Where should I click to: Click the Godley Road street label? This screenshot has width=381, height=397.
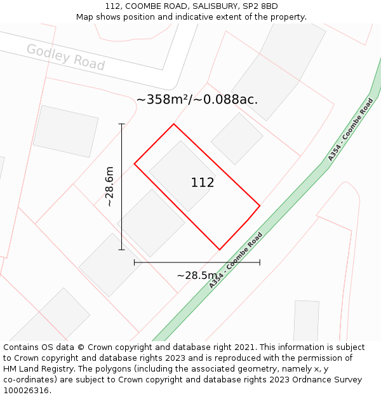coord(65,57)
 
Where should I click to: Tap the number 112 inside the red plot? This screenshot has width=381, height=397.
coord(203,183)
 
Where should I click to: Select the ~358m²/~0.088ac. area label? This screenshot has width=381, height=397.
coord(197,99)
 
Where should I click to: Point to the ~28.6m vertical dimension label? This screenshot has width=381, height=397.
coord(109,187)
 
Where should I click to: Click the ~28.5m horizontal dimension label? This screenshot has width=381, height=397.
coord(197,276)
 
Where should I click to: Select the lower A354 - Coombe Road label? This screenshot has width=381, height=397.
coord(236,261)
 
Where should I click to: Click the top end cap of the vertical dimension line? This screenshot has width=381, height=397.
coord(121,124)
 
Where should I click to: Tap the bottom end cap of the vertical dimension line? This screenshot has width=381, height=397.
coord(121,250)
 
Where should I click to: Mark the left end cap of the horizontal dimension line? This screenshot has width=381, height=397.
coord(134,262)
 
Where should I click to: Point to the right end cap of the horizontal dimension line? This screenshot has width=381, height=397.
coord(260,262)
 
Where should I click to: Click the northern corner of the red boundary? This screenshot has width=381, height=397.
coord(173,124)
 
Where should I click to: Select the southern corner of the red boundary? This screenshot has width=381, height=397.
coord(220,250)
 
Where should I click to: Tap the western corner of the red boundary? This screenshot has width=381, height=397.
coord(134,164)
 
